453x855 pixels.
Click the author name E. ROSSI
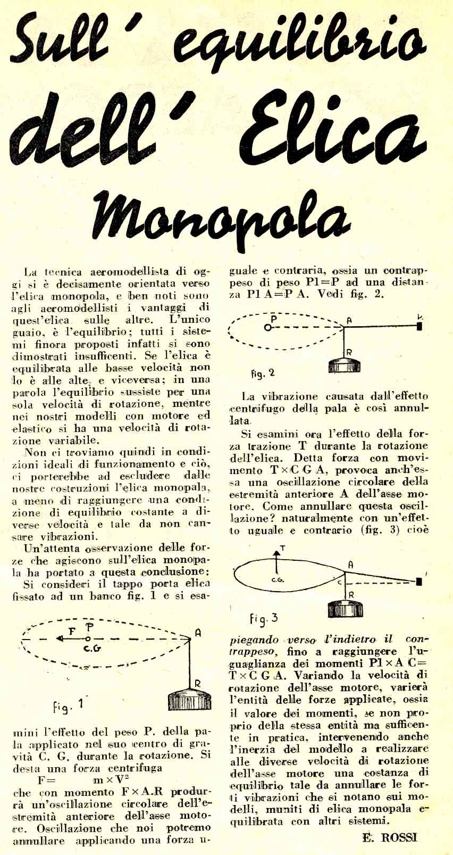pos(390,837)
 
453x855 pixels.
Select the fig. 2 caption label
pos(263,373)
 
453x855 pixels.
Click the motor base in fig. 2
pos(345,366)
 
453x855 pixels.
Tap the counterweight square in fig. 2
pos(420,326)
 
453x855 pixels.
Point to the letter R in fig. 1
pos(197,684)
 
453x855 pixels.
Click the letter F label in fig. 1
pos(73,631)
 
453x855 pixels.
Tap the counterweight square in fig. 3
pos(419,582)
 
